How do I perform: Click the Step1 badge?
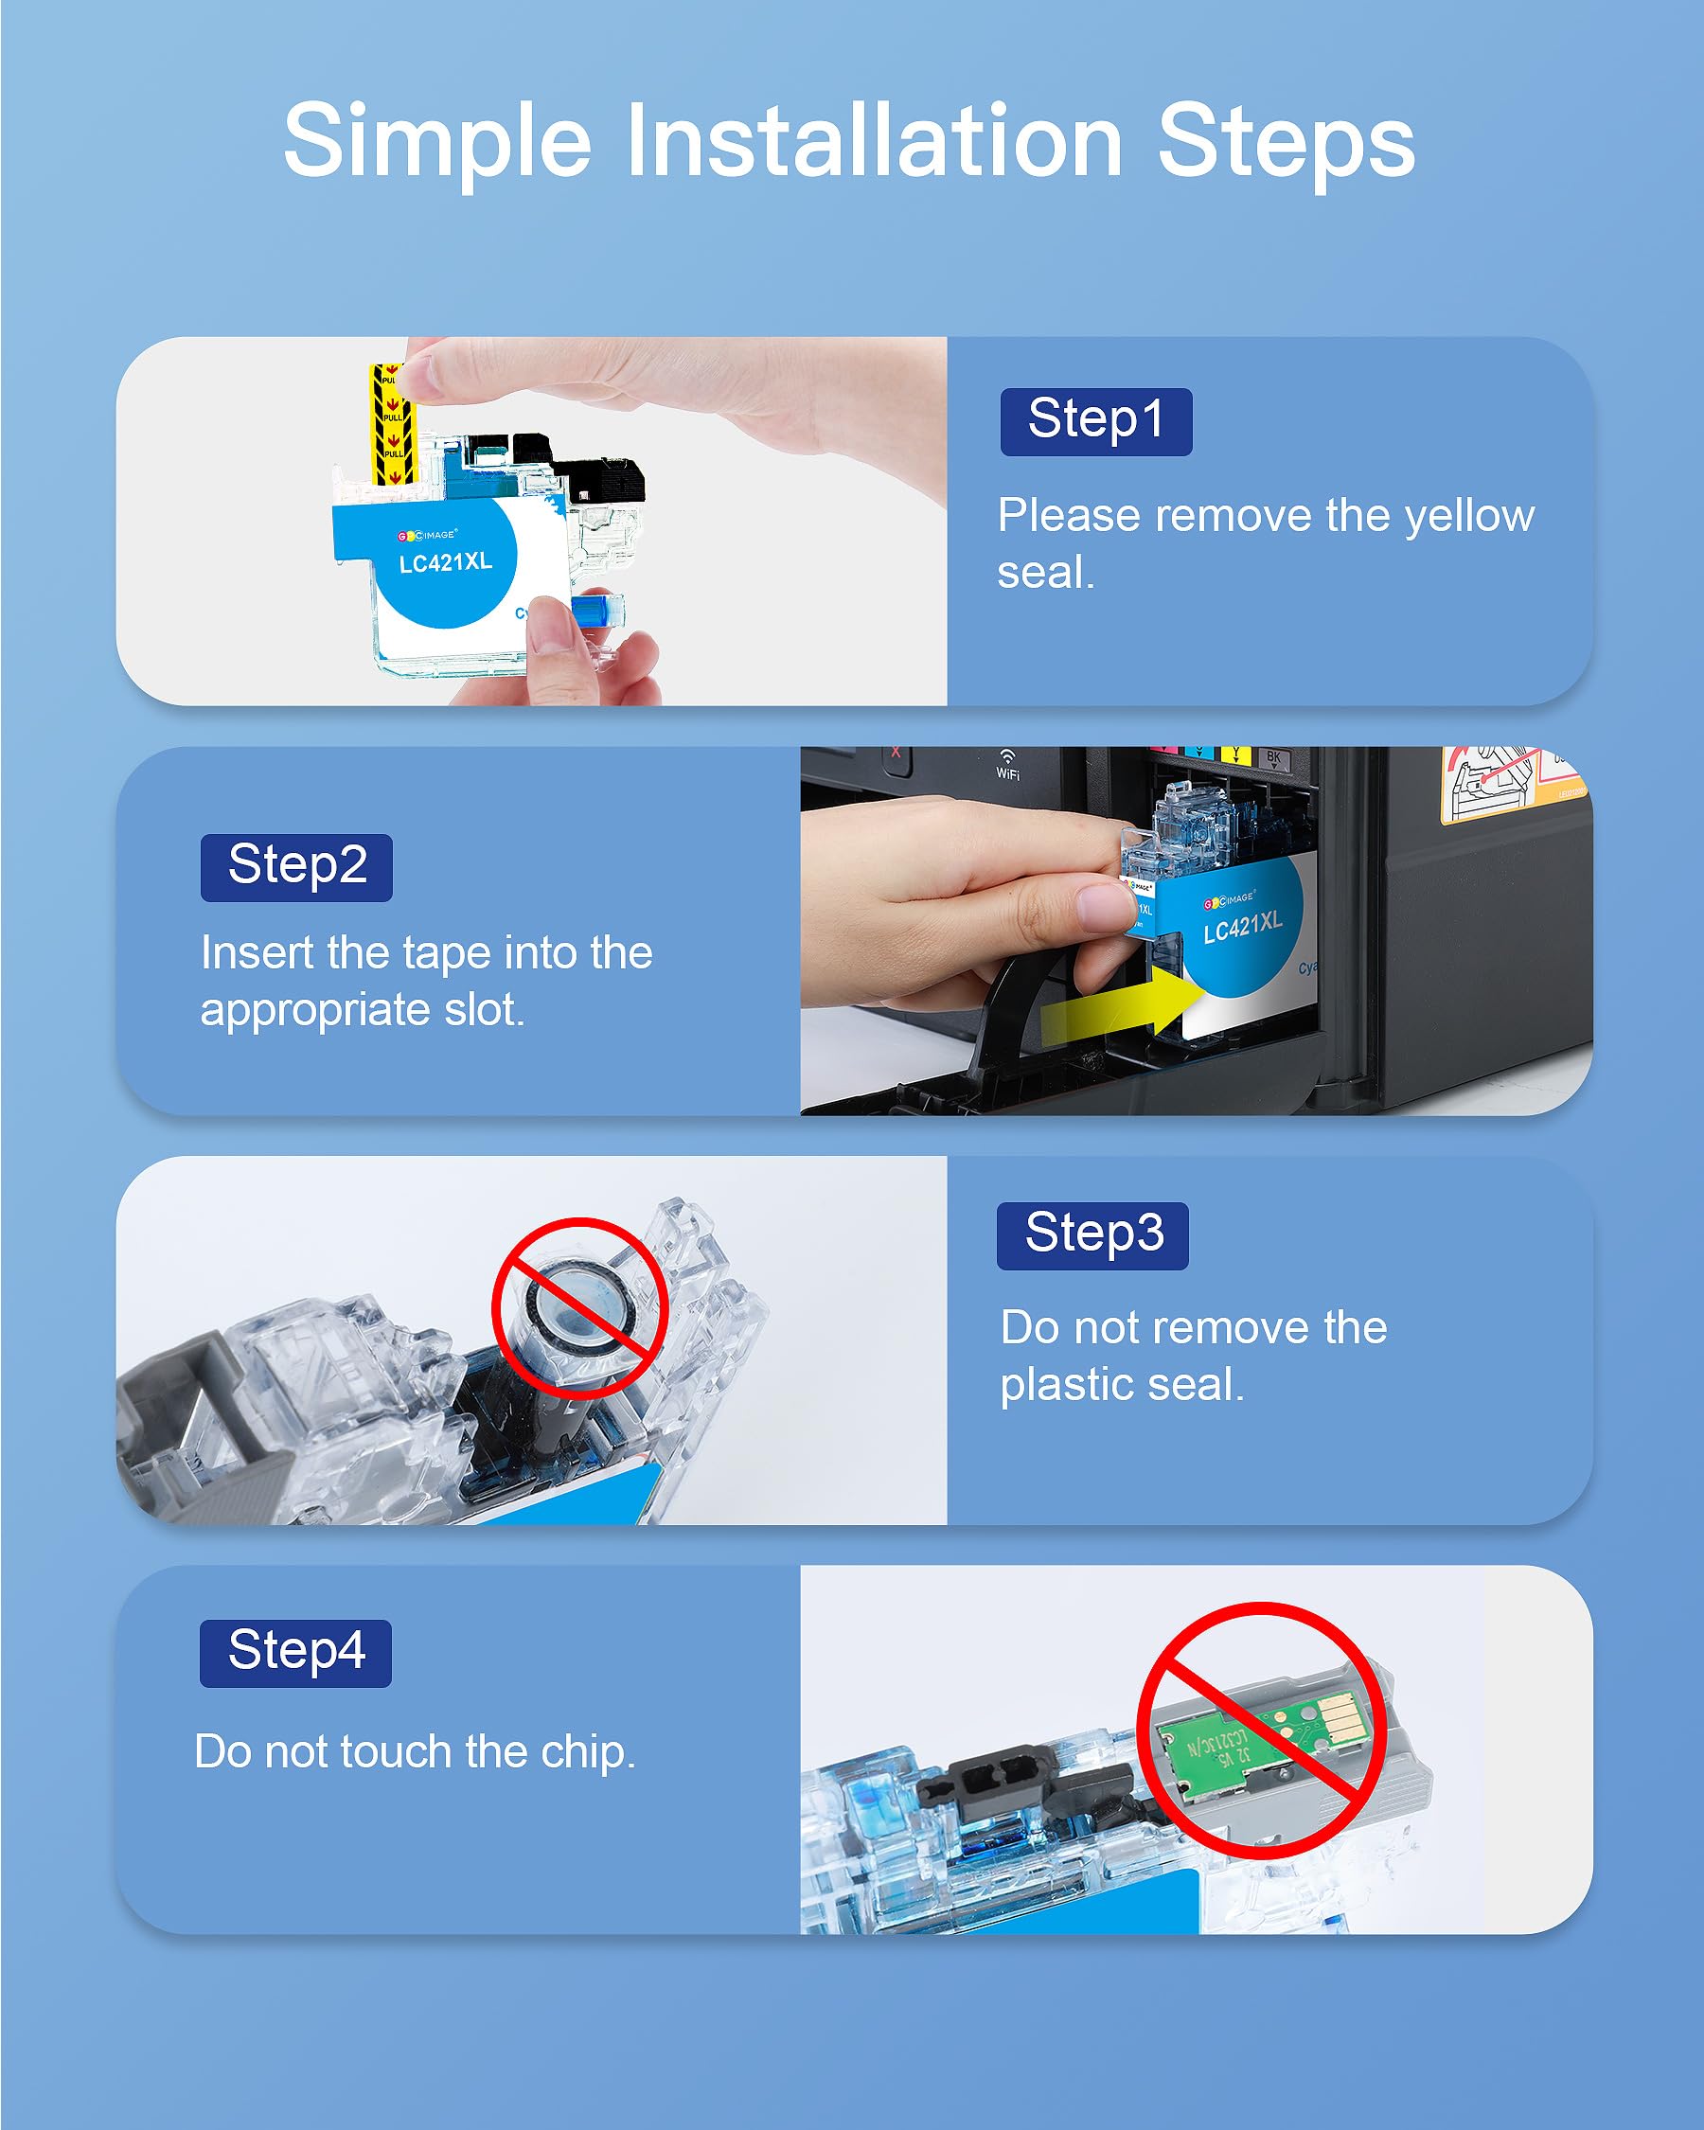click(1095, 422)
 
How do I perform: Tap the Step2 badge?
click(296, 867)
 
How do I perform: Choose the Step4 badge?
click(295, 1653)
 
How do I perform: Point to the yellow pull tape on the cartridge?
click(391, 425)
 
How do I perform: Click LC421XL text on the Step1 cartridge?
click(446, 562)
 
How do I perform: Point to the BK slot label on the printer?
click(1273, 757)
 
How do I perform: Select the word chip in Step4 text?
click(588, 1751)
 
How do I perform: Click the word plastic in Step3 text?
click(1064, 1385)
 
